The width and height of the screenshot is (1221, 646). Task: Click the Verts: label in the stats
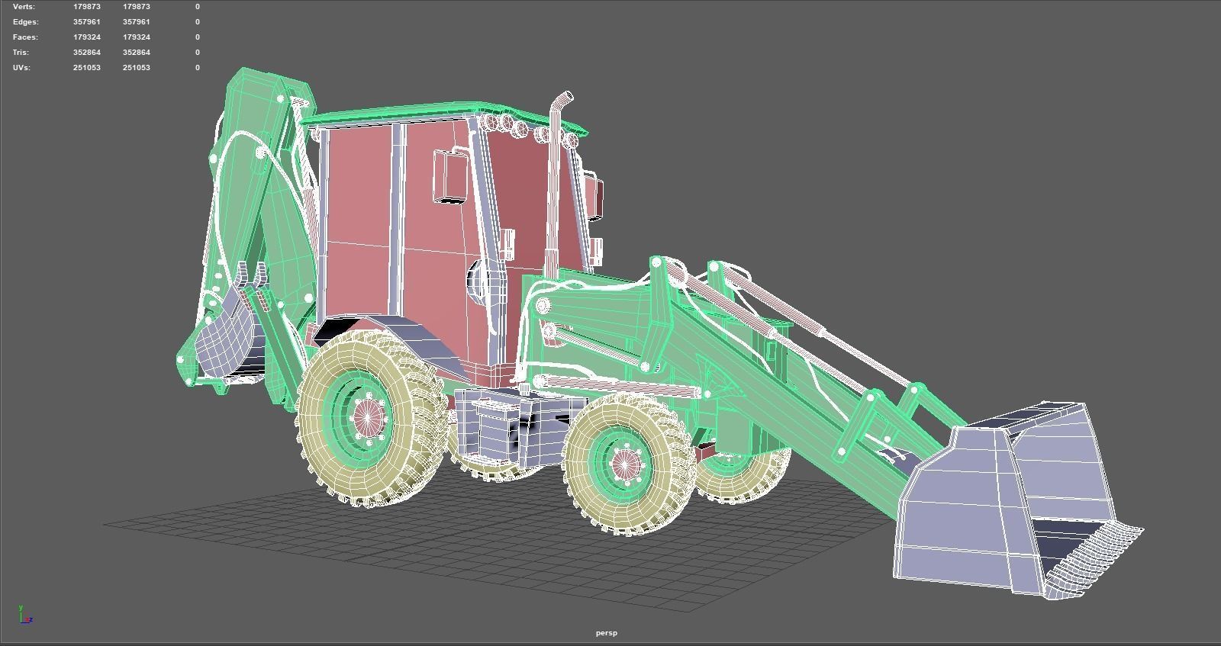click(24, 6)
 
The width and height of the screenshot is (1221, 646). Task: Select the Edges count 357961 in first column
click(86, 21)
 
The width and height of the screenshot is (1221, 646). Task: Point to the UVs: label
click(21, 67)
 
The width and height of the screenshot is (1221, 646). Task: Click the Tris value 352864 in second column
click(136, 52)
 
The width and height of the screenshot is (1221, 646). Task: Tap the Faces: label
click(24, 37)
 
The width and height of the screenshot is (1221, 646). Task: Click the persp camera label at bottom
click(607, 632)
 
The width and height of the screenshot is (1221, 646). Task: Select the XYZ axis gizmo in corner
click(25, 615)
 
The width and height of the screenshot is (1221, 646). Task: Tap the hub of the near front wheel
click(625, 463)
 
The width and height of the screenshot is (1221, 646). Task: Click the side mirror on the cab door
click(450, 176)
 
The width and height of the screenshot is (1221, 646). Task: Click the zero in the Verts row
click(197, 6)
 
